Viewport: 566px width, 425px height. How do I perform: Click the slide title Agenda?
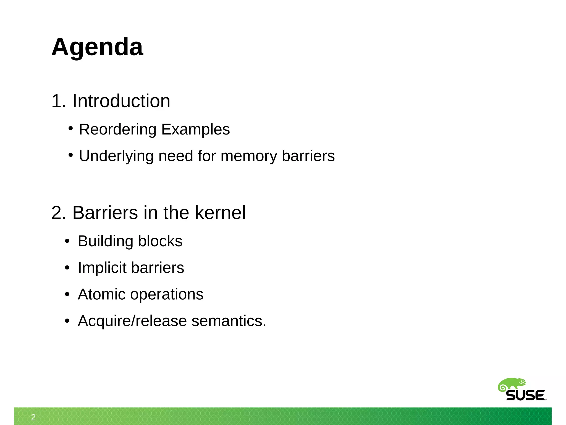97,47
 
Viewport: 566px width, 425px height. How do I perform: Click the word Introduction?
121,101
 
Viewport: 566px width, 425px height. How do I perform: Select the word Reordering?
118,129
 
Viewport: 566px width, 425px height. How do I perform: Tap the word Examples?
195,129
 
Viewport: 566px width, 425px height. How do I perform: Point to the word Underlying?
116,156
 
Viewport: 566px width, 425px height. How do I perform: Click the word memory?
248,156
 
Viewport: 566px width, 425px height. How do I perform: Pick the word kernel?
220,213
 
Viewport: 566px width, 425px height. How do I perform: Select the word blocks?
160,241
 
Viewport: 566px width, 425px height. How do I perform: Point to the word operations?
167,294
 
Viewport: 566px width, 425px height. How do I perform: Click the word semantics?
228,321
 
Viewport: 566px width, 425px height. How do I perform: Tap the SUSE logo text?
525,396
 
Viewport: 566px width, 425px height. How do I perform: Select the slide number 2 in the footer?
33,417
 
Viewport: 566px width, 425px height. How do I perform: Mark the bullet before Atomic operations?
67,294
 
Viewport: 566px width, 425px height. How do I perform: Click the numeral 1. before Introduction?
59,101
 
